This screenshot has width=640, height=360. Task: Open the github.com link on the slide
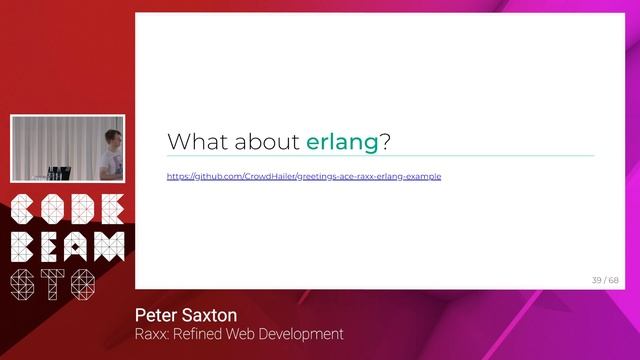tap(304, 176)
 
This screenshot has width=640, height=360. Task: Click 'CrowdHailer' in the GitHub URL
tap(269, 176)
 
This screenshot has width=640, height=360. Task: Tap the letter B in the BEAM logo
tap(22, 247)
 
